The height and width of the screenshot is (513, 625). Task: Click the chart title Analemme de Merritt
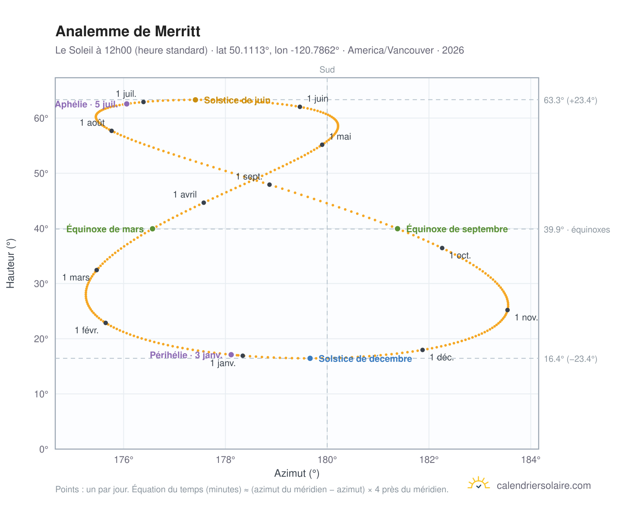[x=128, y=31]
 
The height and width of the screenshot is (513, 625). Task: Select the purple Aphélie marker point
[x=126, y=104]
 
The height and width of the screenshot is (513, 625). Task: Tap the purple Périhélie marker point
[x=231, y=355]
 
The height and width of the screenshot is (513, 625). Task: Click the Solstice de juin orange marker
[x=195, y=100]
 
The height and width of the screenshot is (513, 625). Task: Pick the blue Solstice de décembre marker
[x=310, y=358]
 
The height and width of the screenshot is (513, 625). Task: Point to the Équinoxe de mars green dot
[x=153, y=228]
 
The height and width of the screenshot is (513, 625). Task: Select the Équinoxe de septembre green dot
[x=398, y=228]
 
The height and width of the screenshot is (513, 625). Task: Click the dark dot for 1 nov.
[x=507, y=310]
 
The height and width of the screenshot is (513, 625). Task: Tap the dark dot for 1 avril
[x=204, y=203]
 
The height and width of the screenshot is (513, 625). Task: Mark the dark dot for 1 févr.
[x=106, y=323]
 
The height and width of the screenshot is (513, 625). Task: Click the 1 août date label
[x=92, y=123]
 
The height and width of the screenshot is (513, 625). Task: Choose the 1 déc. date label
[x=442, y=357]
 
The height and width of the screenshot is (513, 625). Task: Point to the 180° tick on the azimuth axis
[x=327, y=460]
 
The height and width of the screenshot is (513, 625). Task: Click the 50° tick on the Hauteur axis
[x=41, y=174]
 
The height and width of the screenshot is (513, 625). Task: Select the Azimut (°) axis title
[x=297, y=473]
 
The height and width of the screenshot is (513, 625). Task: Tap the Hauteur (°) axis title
[x=10, y=263]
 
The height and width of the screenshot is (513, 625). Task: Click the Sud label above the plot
[x=327, y=70]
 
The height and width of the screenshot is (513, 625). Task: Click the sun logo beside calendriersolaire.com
[x=479, y=484]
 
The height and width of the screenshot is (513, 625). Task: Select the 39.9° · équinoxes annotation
[x=577, y=230]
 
